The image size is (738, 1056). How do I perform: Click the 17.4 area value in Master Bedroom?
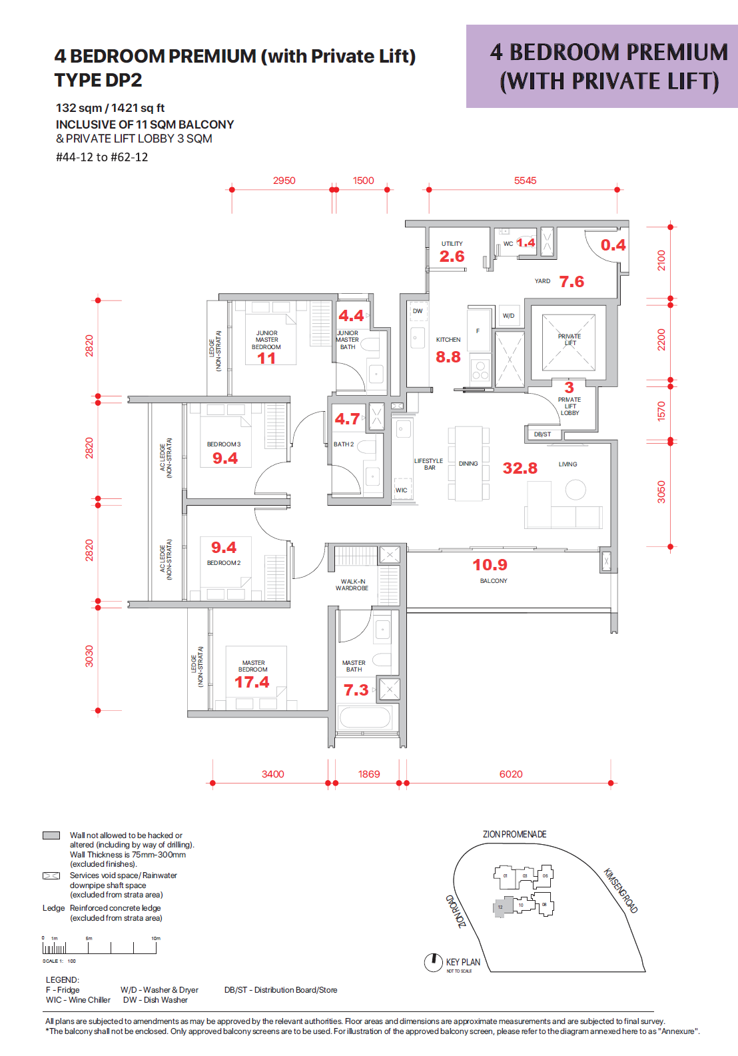(x=252, y=682)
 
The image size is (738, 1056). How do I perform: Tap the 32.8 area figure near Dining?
(x=520, y=468)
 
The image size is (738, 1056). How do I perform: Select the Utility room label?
(x=452, y=244)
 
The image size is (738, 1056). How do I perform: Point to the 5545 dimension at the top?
(x=525, y=181)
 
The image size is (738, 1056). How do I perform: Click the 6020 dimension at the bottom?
(x=511, y=774)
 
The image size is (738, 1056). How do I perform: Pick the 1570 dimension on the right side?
(x=661, y=411)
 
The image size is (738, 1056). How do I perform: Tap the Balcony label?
(x=494, y=581)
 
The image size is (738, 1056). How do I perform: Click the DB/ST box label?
(x=543, y=434)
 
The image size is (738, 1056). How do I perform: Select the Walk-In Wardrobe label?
(x=352, y=585)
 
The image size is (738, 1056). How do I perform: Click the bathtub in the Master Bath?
(x=364, y=718)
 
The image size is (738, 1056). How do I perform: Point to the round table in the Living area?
(x=575, y=490)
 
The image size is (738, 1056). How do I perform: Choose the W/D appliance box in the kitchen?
(x=509, y=316)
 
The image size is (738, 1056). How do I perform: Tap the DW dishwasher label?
(x=418, y=311)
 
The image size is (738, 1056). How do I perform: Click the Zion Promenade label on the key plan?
(x=514, y=834)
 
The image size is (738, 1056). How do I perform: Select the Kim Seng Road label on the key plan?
(x=621, y=891)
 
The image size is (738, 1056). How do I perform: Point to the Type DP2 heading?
(x=99, y=81)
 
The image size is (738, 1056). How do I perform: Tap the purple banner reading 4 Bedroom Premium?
(x=602, y=67)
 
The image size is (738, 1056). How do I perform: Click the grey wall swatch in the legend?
(x=51, y=835)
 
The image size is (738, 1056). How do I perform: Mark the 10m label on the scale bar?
(x=156, y=938)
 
